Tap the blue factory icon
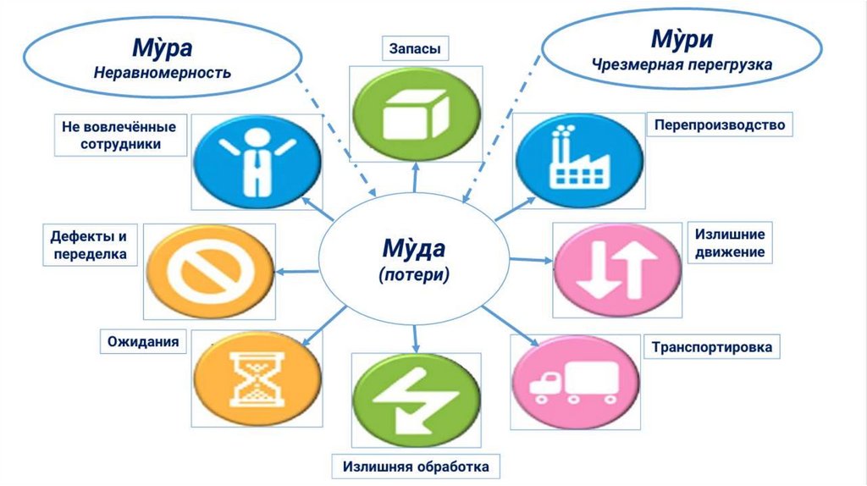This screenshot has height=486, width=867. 578,159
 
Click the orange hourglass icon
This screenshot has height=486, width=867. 257,379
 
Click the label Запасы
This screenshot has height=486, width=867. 415,49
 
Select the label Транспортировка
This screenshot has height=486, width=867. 711,347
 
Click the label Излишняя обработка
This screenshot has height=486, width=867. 416,466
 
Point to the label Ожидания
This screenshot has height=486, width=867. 143,342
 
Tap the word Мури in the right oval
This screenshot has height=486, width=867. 681,39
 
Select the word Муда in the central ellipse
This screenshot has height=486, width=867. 412,249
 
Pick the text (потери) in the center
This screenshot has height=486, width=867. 412,274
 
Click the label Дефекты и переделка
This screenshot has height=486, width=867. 89,245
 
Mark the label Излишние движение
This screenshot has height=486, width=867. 730,242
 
